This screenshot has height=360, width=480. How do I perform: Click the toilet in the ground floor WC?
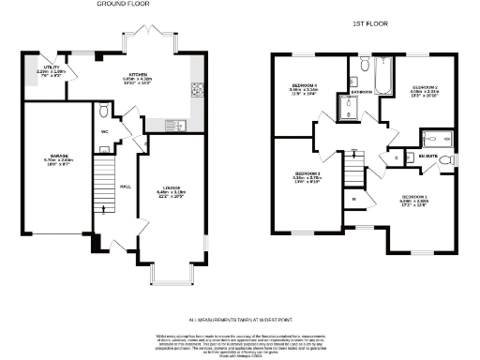coord(103,112)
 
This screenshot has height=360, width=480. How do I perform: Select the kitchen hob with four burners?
coord(198,91)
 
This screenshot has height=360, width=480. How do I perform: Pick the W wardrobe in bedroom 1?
coord(354,200)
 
